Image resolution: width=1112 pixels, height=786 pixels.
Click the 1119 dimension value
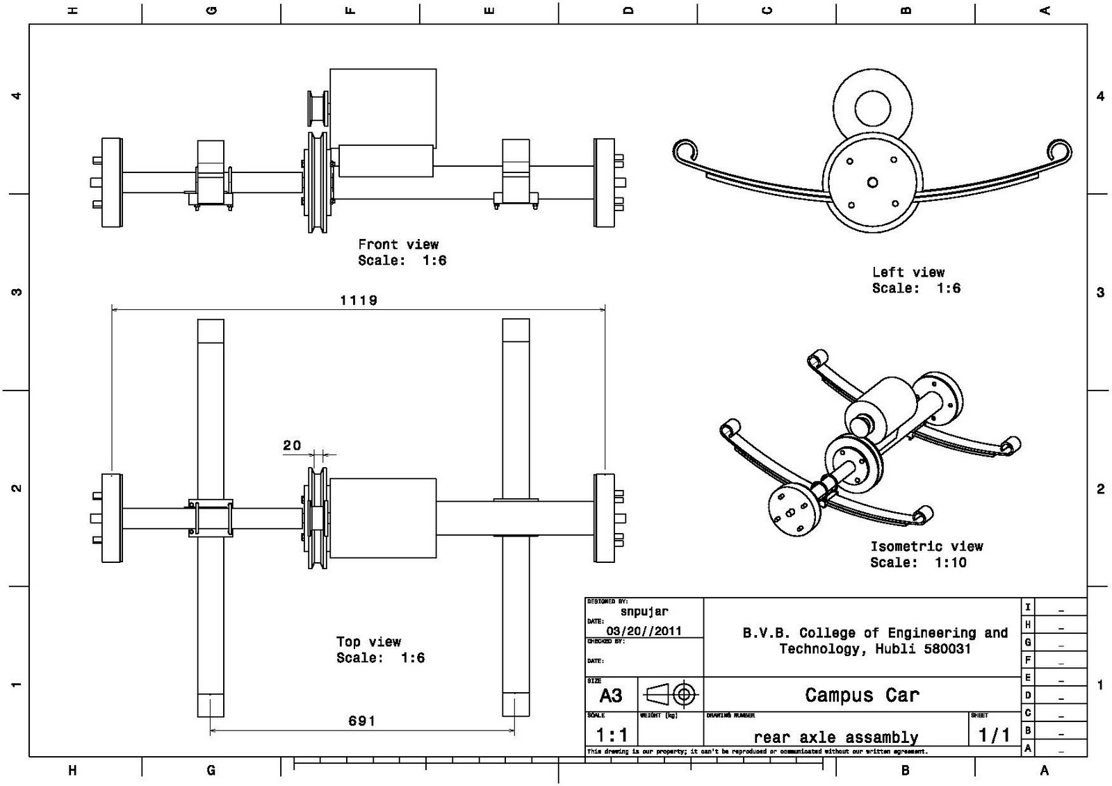click(x=359, y=300)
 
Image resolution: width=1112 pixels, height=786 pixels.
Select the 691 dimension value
click(x=361, y=721)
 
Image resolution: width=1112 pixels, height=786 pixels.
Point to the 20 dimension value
click(x=292, y=445)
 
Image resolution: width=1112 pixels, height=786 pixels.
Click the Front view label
click(x=398, y=245)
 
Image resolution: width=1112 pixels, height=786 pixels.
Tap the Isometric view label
click(x=926, y=546)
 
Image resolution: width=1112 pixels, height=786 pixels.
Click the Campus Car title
click(x=862, y=695)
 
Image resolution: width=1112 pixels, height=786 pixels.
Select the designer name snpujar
click(x=644, y=612)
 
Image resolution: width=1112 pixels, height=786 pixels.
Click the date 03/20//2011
click(x=644, y=631)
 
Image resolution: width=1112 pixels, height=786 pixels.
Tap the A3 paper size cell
click(x=611, y=696)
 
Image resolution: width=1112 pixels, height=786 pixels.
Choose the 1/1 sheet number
click(x=994, y=735)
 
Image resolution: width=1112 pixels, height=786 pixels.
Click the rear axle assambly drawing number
click(x=835, y=737)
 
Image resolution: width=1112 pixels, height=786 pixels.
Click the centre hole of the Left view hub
click(x=872, y=183)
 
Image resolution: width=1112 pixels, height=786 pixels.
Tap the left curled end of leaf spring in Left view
click(x=685, y=152)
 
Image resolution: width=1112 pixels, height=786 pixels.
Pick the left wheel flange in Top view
click(x=111, y=518)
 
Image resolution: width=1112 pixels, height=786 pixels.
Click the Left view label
click(x=908, y=272)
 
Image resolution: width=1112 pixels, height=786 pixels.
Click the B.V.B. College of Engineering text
click(x=875, y=633)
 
